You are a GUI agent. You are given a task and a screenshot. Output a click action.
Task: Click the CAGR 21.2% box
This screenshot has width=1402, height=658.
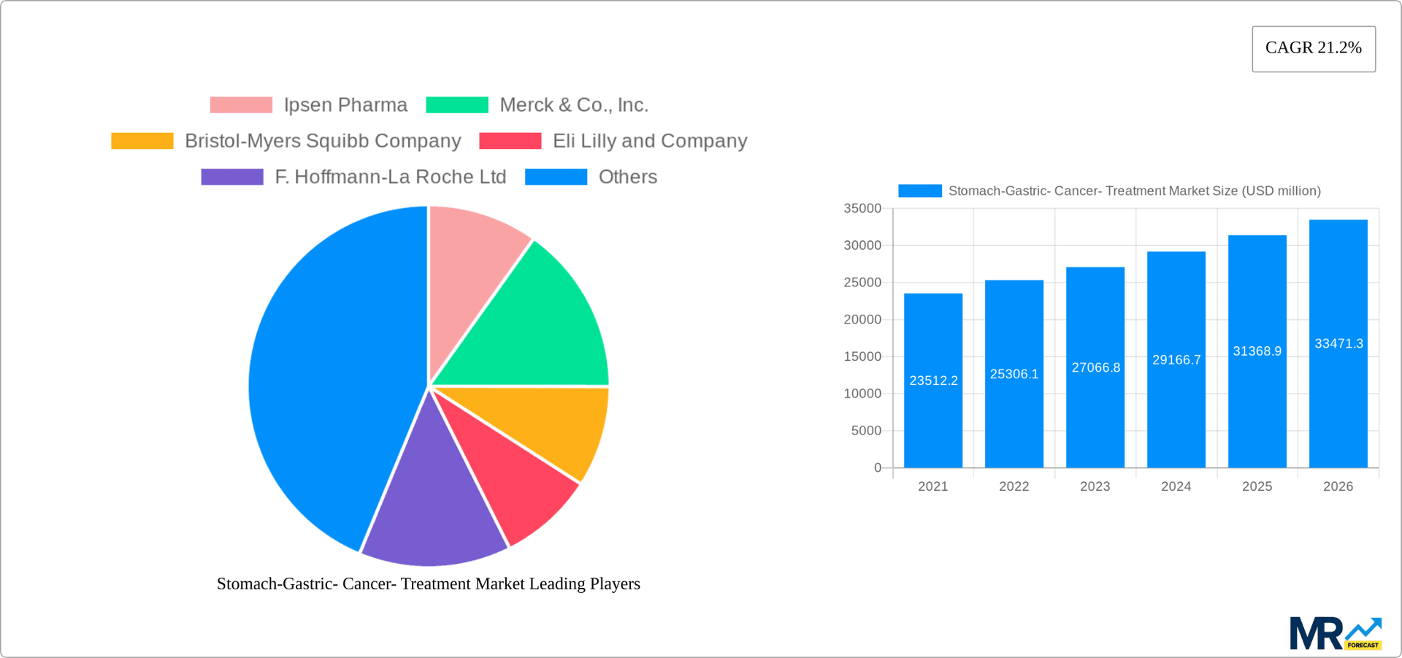click(x=1313, y=48)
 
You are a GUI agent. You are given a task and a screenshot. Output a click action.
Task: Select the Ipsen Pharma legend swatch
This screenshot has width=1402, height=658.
click(x=241, y=105)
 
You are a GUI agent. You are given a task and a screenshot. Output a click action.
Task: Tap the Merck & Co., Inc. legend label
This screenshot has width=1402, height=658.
click(x=573, y=105)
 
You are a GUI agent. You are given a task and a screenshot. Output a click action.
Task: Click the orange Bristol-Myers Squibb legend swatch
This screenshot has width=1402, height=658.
click(x=142, y=141)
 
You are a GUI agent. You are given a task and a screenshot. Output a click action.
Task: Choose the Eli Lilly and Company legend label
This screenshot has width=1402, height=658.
click(x=649, y=141)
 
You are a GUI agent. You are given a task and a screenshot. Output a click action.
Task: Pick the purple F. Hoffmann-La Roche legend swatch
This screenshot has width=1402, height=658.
click(x=232, y=177)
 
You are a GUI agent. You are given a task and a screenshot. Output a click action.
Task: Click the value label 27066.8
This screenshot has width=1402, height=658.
click(x=1095, y=367)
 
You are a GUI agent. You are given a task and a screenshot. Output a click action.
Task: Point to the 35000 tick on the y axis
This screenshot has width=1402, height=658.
click(x=862, y=209)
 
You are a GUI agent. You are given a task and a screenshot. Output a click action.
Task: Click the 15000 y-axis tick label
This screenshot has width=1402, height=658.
click(x=862, y=356)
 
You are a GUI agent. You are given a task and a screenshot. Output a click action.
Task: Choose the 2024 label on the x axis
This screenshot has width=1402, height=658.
click(x=1176, y=486)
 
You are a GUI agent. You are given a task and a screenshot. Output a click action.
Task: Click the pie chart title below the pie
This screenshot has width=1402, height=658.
click(x=429, y=584)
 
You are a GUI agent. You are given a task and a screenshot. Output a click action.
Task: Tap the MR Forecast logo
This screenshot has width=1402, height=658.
click(x=1335, y=633)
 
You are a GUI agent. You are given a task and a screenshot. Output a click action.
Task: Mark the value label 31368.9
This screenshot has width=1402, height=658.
click(x=1257, y=351)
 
